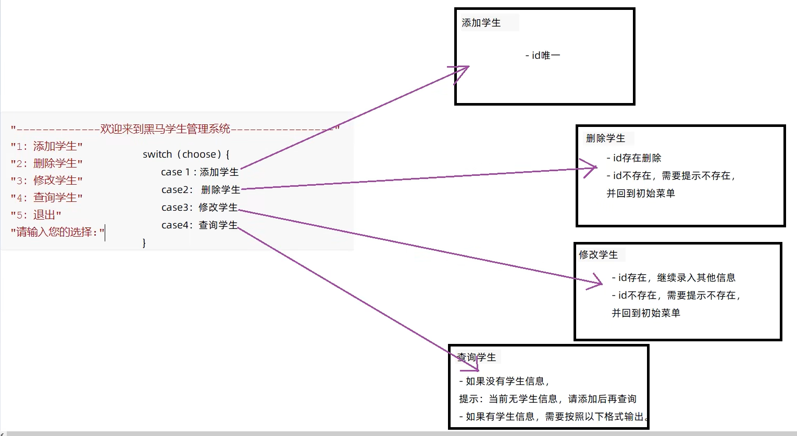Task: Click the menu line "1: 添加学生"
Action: pyautogui.click(x=47, y=146)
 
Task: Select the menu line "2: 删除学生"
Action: pyautogui.click(x=47, y=163)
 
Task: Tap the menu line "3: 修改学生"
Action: pyautogui.click(x=47, y=181)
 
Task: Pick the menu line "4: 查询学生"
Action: pyautogui.click(x=47, y=198)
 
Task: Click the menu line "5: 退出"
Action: pyautogui.click(x=36, y=215)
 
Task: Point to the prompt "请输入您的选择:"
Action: pyautogui.click(x=57, y=232)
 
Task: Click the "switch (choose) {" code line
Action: pyautogui.click(x=186, y=155)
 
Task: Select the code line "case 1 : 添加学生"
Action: pyautogui.click(x=200, y=172)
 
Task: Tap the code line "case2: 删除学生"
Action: pyautogui.click(x=201, y=190)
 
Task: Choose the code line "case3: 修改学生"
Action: pyautogui.click(x=200, y=208)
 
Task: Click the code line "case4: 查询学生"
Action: pyautogui.click(x=200, y=225)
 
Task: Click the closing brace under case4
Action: pyautogui.click(x=144, y=243)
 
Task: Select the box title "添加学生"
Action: pyautogui.click(x=481, y=23)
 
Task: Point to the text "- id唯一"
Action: pyautogui.click(x=543, y=55)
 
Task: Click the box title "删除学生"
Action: pyautogui.click(x=605, y=138)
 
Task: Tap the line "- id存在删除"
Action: pyautogui.click(x=634, y=158)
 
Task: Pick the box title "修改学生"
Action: pyautogui.click(x=598, y=255)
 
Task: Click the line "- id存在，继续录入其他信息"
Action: pyautogui.click(x=674, y=278)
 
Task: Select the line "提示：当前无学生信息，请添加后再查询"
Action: pyautogui.click(x=547, y=399)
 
